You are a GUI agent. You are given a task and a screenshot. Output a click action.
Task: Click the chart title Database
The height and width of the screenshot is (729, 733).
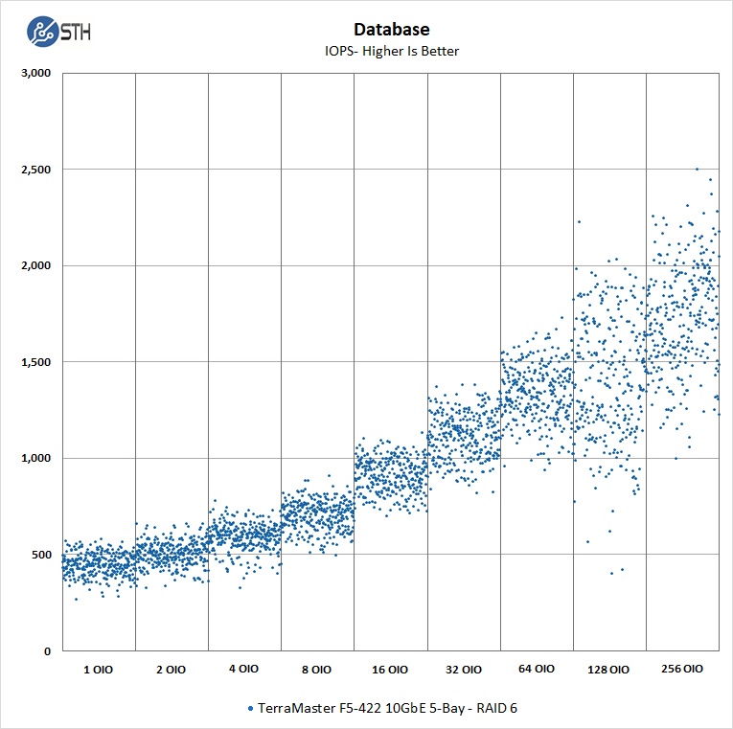coord(390,30)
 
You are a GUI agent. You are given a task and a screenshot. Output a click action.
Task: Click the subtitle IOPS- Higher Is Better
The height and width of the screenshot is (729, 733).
coord(390,51)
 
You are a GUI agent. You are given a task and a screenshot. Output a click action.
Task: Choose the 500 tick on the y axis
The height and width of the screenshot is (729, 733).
coord(41,555)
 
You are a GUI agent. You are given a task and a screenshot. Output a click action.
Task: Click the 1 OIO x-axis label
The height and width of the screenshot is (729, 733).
coord(99,670)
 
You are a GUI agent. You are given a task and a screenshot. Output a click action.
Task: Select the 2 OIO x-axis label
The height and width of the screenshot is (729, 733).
coord(172,670)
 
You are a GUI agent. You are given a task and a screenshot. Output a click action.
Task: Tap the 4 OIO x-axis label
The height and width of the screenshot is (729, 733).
coord(244,670)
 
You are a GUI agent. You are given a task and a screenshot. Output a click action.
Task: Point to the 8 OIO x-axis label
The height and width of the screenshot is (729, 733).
coord(317,670)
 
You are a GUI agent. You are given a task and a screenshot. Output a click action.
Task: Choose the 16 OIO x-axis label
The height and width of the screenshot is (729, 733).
coord(390,670)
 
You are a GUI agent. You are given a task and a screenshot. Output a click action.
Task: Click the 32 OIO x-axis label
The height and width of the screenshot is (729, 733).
coord(463,670)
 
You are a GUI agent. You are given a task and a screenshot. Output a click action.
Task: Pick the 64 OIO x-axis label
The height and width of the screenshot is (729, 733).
coord(537,670)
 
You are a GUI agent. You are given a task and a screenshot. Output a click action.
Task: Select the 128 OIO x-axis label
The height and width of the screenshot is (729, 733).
coord(609,670)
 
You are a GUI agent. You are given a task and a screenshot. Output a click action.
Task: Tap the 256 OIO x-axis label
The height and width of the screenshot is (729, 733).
coord(682,670)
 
